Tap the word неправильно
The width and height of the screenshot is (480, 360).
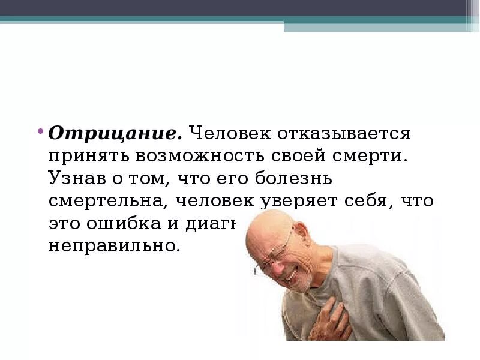point(114,247)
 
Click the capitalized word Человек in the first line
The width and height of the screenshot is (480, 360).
point(231,133)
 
